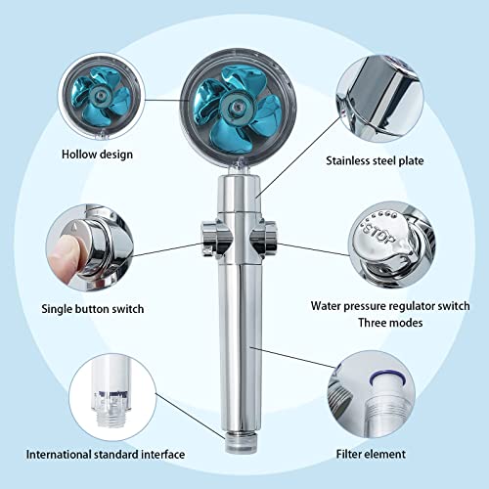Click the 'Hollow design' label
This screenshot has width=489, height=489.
[98, 154]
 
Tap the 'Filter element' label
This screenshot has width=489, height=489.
[385, 455]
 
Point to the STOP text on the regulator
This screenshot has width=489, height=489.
[378, 238]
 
